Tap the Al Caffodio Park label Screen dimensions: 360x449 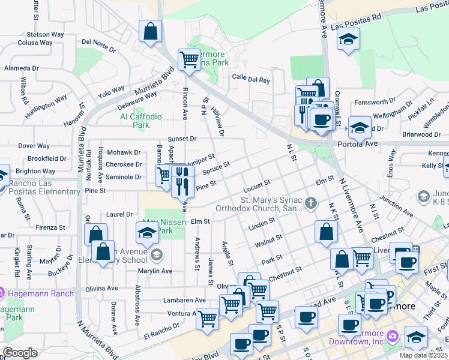coord(141,121)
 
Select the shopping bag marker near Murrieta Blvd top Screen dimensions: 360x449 coord(150,31)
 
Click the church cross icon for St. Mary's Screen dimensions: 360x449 coord(311,203)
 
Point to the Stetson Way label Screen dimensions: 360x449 coord(46,34)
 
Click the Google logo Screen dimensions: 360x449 coord(20,353)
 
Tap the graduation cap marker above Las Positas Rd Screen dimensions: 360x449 coord(347,40)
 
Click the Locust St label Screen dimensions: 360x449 coord(258,181)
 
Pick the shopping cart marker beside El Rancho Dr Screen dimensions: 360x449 coord(207,319)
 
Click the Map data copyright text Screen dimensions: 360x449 coord(424,355)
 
